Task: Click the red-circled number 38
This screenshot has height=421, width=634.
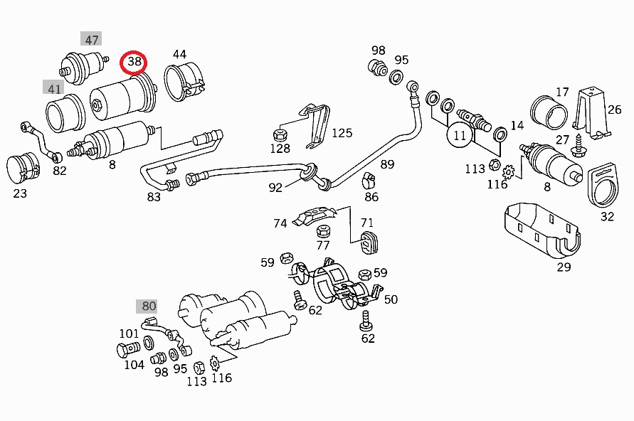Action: click(x=134, y=62)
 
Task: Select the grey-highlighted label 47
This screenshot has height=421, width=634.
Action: click(x=91, y=39)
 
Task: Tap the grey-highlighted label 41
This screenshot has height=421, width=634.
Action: click(x=53, y=87)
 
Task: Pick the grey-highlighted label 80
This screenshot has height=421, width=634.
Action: click(x=147, y=306)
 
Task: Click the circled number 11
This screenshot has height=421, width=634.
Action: click(x=460, y=135)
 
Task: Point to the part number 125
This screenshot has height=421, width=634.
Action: click(x=342, y=133)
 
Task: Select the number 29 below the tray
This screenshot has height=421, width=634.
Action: click(x=564, y=267)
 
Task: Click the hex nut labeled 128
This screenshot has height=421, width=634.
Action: click(x=280, y=134)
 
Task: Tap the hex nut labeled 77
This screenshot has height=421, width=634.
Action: click(x=323, y=231)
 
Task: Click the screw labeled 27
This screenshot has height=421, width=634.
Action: click(x=578, y=147)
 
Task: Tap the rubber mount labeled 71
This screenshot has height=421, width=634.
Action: click(x=369, y=243)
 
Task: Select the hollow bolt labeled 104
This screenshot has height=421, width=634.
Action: click(x=128, y=349)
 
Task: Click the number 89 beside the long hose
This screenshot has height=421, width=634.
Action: click(x=387, y=164)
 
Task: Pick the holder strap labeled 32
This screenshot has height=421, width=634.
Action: click(x=603, y=185)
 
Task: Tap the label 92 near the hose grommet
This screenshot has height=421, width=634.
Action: click(x=275, y=188)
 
